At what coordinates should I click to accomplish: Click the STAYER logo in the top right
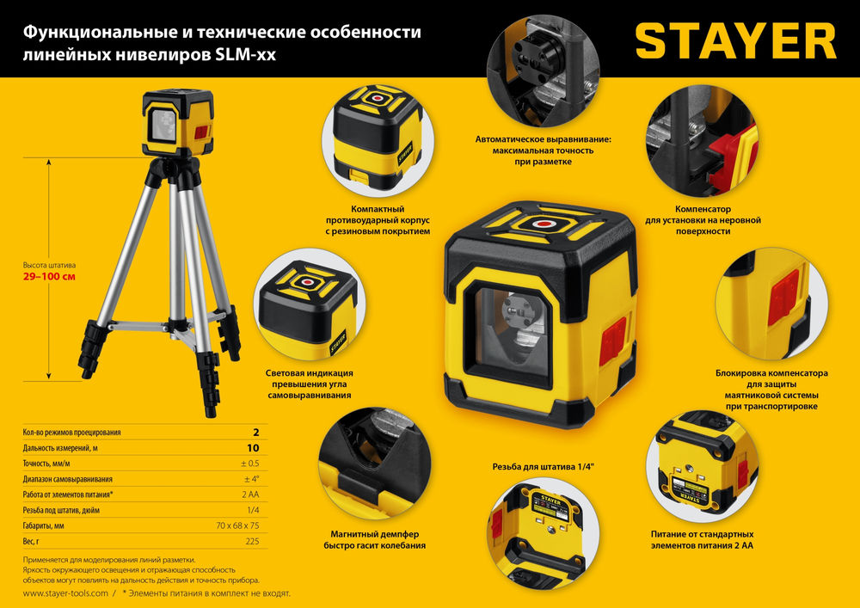[735, 41]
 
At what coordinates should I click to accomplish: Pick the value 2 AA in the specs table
[250, 494]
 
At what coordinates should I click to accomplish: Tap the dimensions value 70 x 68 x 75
[231, 525]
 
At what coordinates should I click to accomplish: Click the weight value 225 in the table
[252, 541]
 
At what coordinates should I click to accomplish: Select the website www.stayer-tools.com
[65, 593]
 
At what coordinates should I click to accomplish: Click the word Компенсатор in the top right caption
[703, 208]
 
